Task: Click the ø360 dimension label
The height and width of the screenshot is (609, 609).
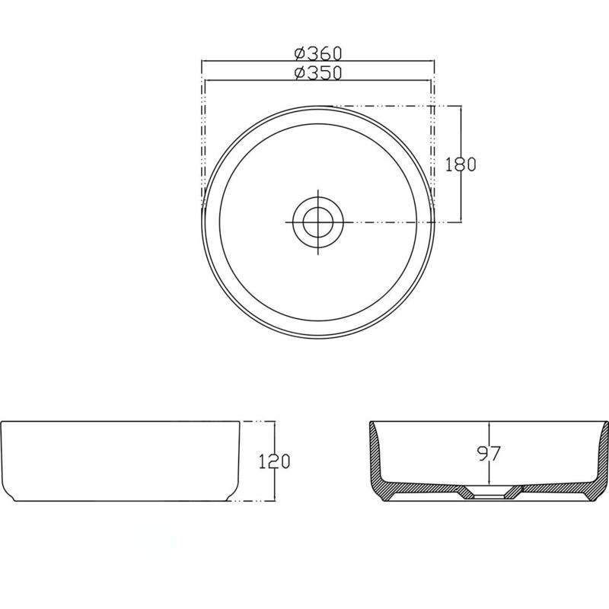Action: coord(317,53)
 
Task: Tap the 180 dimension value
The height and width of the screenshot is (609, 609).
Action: coord(461,164)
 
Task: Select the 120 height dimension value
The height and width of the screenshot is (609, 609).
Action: coord(275,461)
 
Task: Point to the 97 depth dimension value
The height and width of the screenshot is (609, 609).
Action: coord(489,454)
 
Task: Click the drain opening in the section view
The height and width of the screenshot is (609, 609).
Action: coord(489,496)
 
